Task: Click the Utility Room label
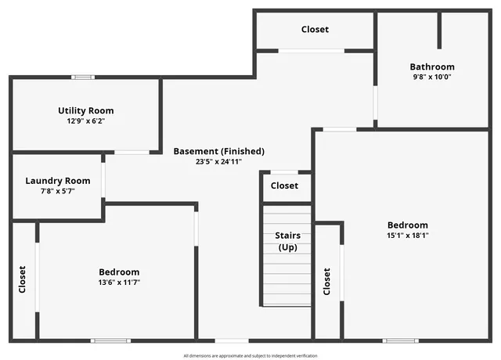[86, 110]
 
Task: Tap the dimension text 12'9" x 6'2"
[86, 121]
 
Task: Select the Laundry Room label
[57, 181]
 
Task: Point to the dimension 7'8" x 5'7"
[57, 191]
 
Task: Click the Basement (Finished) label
[219, 151]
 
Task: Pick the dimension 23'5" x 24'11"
[219, 161]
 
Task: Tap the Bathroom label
[432, 67]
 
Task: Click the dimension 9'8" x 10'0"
[432, 77]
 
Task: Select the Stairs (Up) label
[287, 241]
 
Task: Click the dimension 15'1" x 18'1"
[407, 235]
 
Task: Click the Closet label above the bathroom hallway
[315, 30]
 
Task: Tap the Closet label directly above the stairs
[284, 186]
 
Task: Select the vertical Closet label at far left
[23, 279]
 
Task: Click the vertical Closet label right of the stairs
[327, 282]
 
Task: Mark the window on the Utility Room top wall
[83, 77]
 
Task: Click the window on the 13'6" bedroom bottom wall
[110, 340]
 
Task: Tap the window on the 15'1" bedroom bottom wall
[400, 340]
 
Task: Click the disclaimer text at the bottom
[250, 355]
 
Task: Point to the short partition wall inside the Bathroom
[439, 30]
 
